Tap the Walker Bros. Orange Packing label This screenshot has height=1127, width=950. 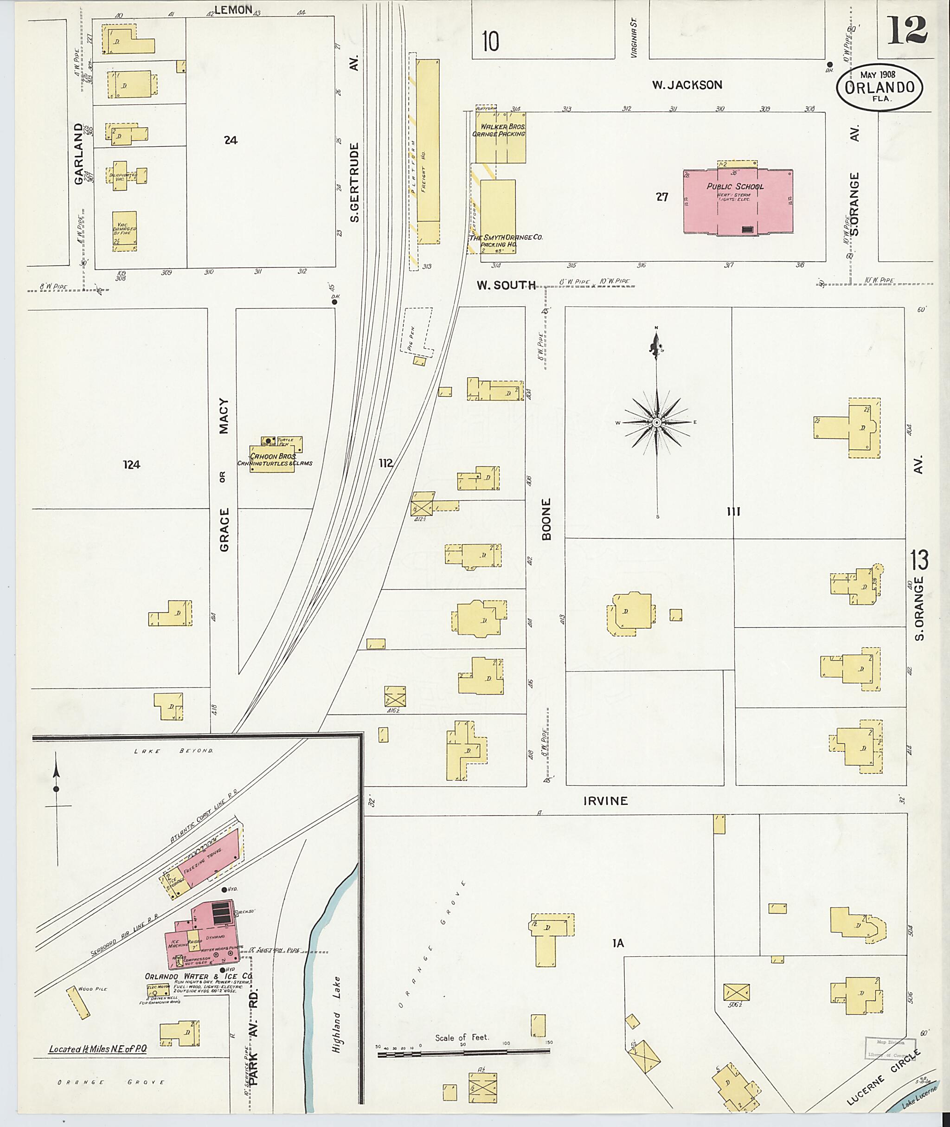point(499,130)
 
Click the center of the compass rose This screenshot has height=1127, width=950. point(656,422)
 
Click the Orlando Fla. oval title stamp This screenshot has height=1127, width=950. point(879,88)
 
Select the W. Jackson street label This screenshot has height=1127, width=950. point(687,84)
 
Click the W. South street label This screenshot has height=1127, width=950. point(506,285)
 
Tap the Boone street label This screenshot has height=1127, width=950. point(546,519)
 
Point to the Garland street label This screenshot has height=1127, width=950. point(79,154)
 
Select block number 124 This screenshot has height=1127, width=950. point(131,464)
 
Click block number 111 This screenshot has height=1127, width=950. point(733,512)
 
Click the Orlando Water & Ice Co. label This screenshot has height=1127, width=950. point(198,976)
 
